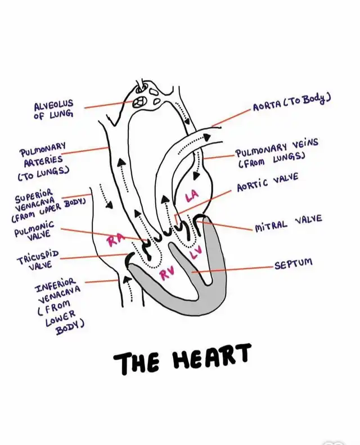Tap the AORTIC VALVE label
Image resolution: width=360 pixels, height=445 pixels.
pos(267,183)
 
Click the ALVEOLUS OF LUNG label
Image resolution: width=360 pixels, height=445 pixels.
pos(53,110)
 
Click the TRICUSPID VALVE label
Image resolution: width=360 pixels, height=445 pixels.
pos(38,259)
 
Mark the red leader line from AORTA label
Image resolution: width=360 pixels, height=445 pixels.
pos(231,118)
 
